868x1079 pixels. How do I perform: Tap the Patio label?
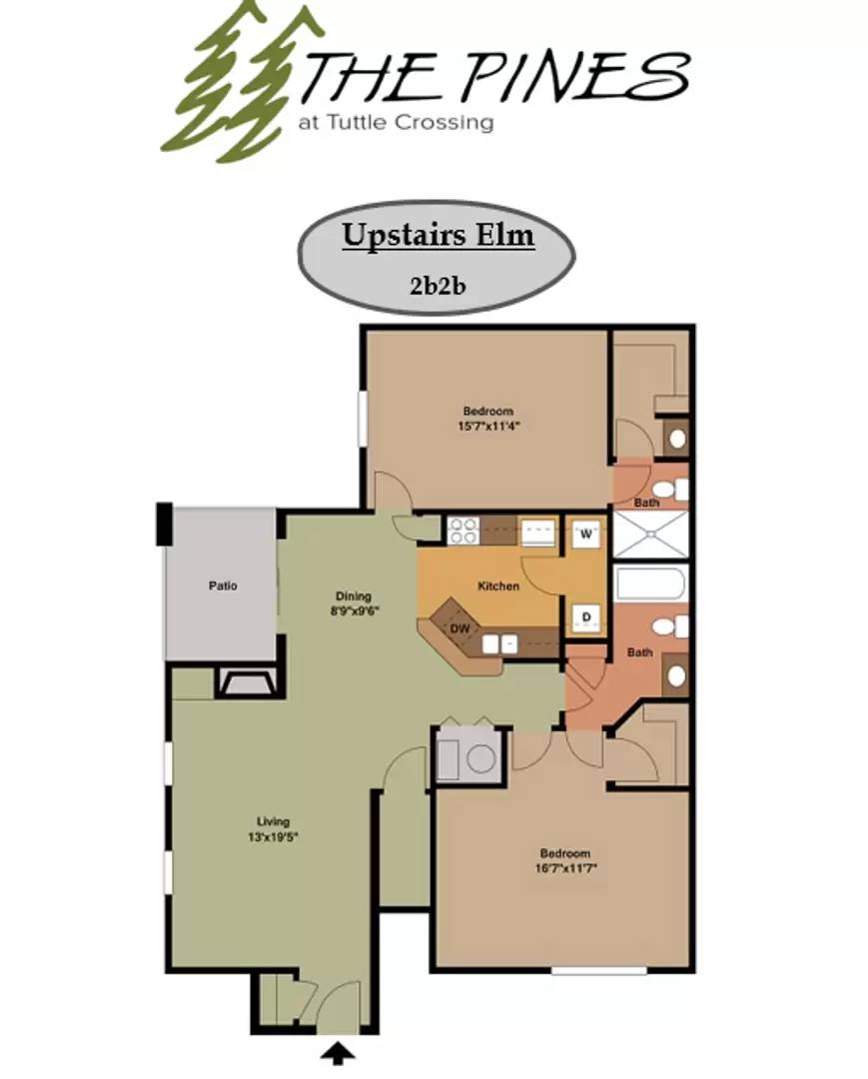click(x=223, y=586)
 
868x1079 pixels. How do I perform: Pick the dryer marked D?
click(x=586, y=617)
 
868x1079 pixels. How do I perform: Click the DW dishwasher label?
click(x=459, y=628)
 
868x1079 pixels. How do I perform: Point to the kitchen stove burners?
click(x=461, y=531)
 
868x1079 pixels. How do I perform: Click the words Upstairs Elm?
click(x=437, y=236)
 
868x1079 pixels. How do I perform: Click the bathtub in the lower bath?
click(x=649, y=583)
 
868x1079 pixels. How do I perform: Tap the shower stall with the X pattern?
click(x=649, y=535)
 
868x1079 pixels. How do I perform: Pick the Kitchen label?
click(x=497, y=586)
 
